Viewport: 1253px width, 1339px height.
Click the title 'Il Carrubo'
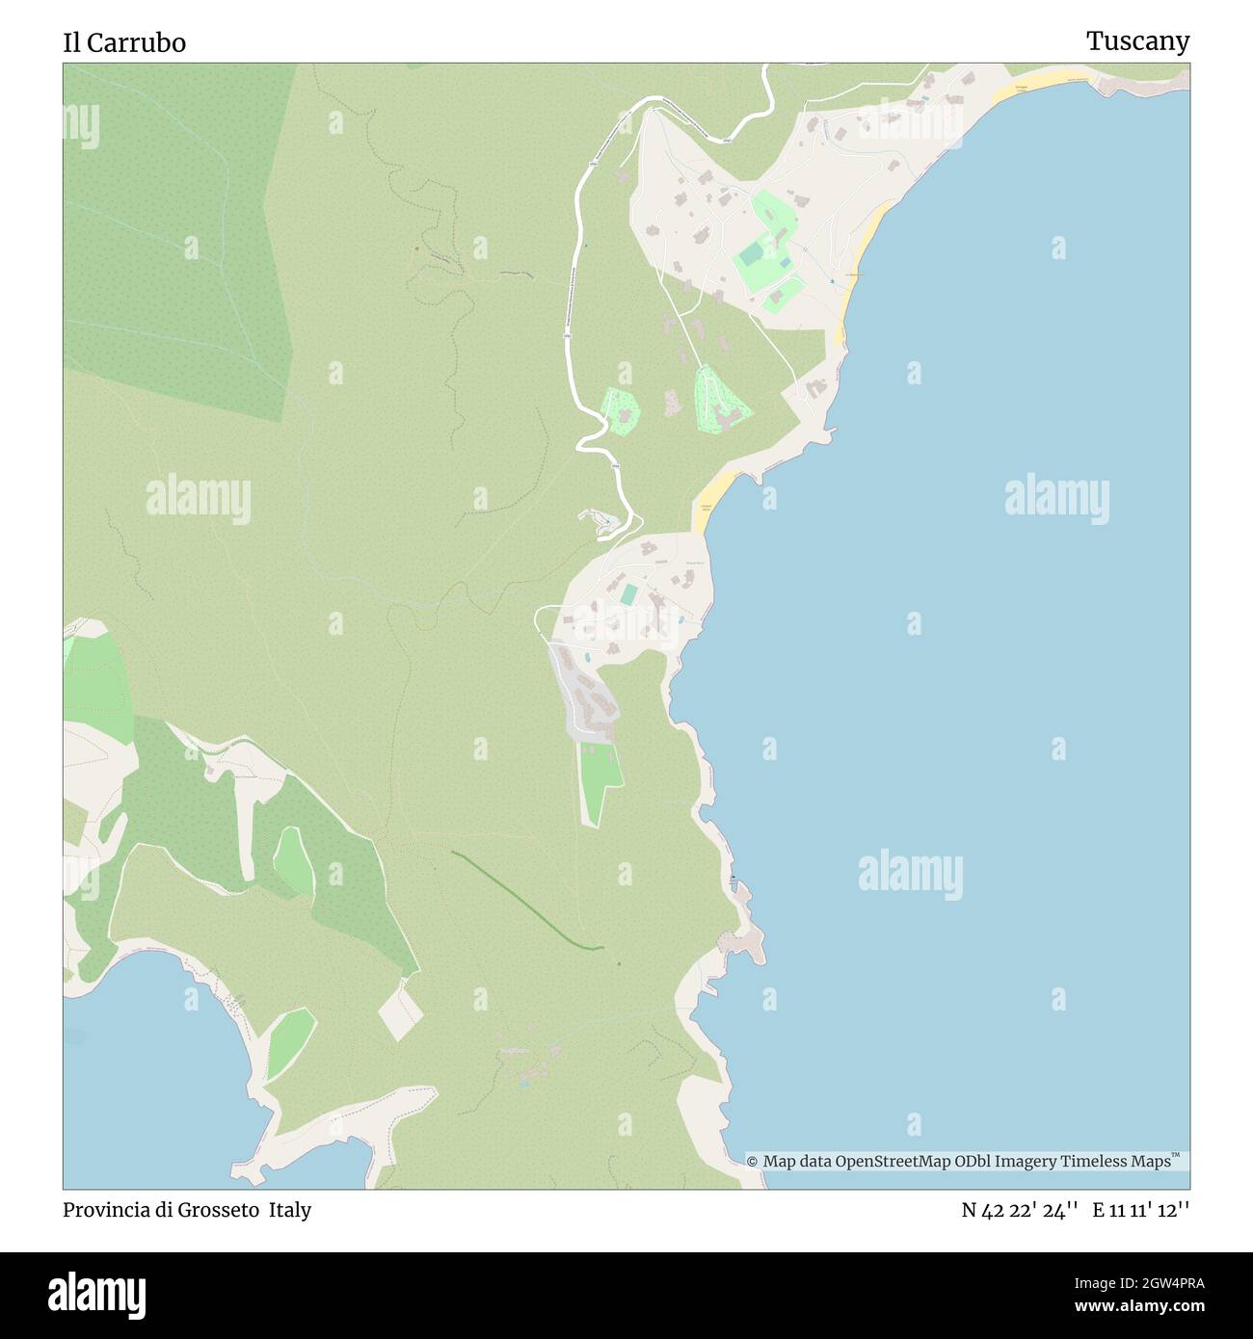tap(124, 42)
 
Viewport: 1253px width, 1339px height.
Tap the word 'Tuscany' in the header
tap(1137, 41)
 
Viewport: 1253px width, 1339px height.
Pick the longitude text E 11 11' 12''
tap(1140, 1210)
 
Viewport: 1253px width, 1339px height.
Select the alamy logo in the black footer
tap(97, 1294)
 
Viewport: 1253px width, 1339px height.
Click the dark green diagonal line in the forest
tap(525, 902)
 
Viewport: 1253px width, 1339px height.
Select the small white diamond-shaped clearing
tap(400, 1010)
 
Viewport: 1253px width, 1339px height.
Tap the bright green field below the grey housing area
tap(600, 781)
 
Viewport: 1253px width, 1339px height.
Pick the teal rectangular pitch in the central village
tap(628, 594)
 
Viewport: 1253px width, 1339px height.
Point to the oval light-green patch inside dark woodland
tap(292, 860)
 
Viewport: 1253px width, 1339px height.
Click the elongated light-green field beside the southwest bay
tap(290, 1043)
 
